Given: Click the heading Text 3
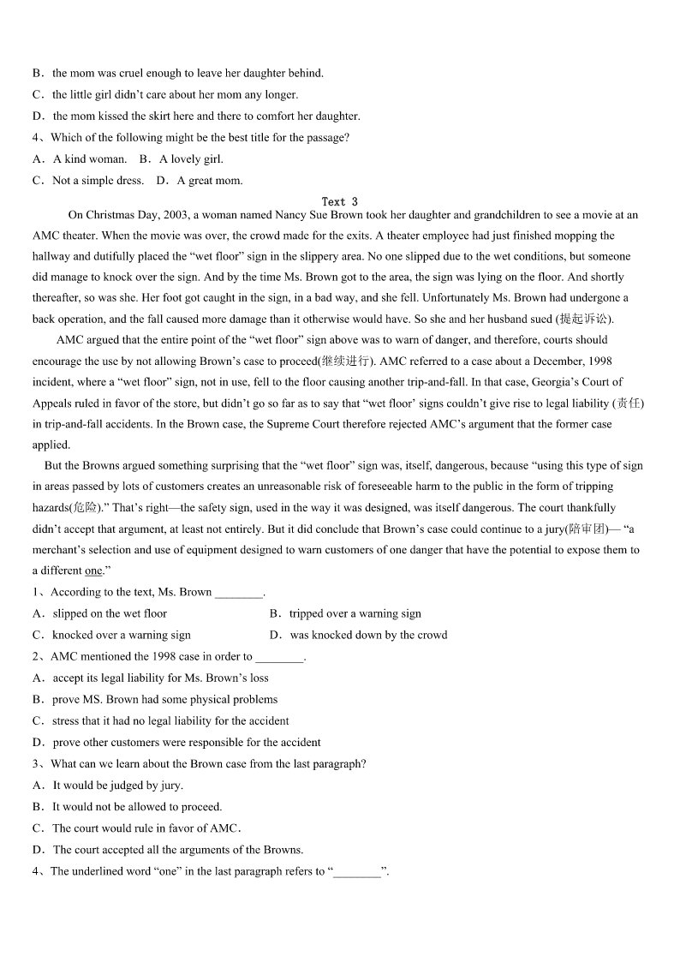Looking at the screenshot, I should point(340,202).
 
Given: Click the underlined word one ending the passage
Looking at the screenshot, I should point(93,571).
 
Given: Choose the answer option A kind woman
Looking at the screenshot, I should point(89,159).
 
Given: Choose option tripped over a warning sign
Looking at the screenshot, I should point(355,613).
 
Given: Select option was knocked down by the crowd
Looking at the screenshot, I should point(368,635).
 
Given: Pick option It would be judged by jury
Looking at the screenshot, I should point(117,786).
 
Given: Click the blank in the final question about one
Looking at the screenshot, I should point(357,872).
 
